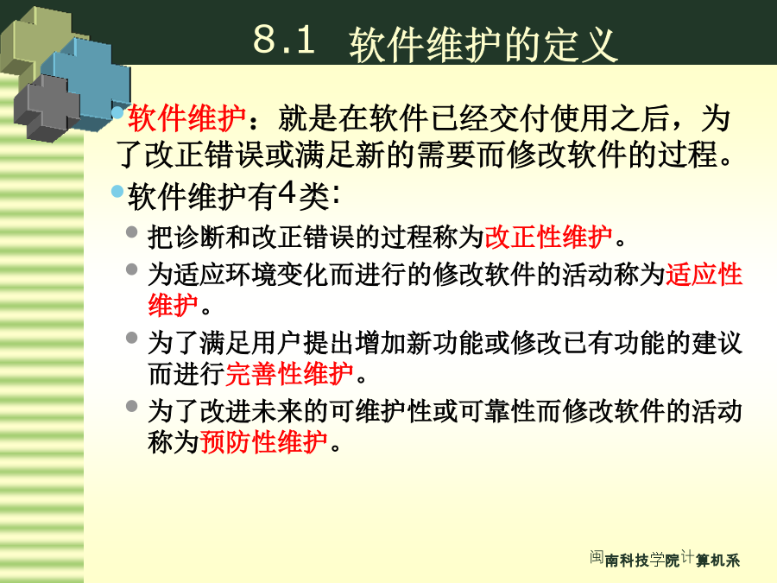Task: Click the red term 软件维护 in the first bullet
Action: [x=186, y=118]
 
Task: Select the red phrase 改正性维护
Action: [x=548, y=237]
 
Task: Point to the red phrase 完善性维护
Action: [x=289, y=374]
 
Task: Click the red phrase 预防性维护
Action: [x=263, y=441]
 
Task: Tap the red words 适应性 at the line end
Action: [x=704, y=274]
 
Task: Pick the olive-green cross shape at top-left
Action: [x=37, y=42]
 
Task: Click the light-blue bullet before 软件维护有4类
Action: [x=117, y=192]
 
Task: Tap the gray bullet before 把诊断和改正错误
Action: [x=131, y=231]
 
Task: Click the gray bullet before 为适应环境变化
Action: [x=131, y=269]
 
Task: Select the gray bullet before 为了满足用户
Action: [x=131, y=338]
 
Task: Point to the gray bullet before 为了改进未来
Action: [x=131, y=406]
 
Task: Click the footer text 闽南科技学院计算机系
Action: [x=665, y=559]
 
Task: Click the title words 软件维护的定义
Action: [x=483, y=45]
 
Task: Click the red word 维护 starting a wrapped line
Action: [x=173, y=305]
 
